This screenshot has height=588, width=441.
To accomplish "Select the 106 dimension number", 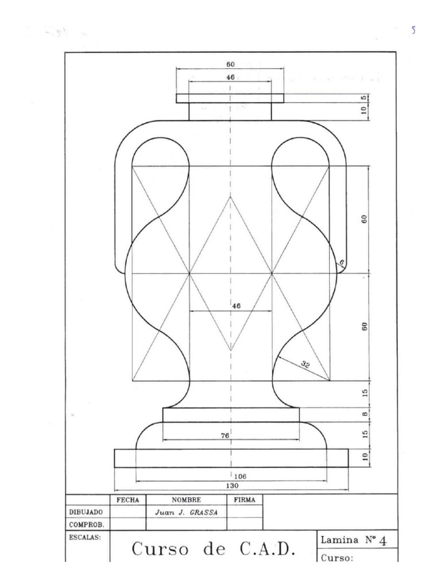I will pyautogui.click(x=240, y=477).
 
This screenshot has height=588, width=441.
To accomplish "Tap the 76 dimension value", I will pyautogui.click(x=225, y=436).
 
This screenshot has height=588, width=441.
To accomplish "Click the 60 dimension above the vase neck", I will pyautogui.click(x=230, y=65).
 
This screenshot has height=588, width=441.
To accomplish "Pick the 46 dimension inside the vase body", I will pyautogui.click(x=236, y=307).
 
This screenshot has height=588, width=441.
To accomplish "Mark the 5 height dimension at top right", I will pyautogui.click(x=364, y=98).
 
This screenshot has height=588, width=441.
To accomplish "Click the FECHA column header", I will pyautogui.click(x=127, y=500).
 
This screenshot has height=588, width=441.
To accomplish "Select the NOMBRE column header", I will pyautogui.click(x=187, y=500).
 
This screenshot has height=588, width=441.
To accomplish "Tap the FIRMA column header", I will pyautogui.click(x=245, y=500).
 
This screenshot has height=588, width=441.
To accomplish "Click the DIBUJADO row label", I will pyautogui.click(x=86, y=512).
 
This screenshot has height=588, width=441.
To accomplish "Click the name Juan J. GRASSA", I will pyautogui.click(x=187, y=512).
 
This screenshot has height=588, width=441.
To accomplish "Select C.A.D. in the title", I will pyautogui.click(x=267, y=549).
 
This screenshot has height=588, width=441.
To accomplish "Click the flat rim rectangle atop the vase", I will pyautogui.click(x=230, y=98).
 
